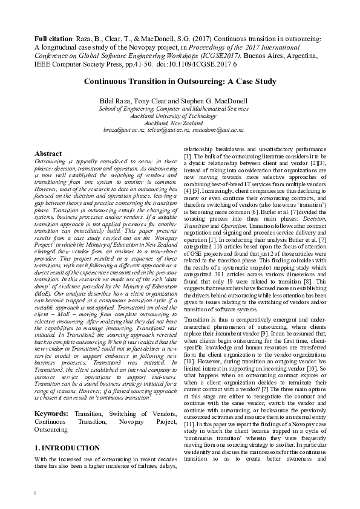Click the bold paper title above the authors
click(x=171, y=82)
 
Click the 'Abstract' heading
click(x=48, y=154)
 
